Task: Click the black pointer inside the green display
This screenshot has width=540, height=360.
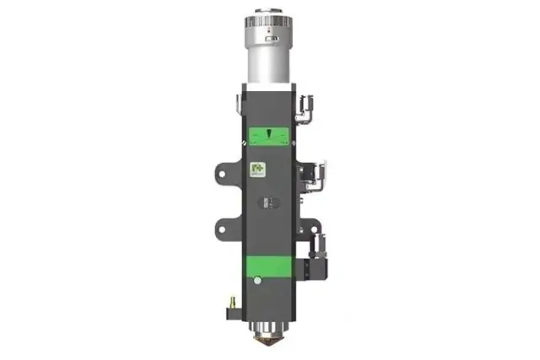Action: tap(269, 134)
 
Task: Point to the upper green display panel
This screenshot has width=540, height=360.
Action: tap(269, 136)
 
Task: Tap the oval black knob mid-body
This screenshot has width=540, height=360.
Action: tap(269, 202)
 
